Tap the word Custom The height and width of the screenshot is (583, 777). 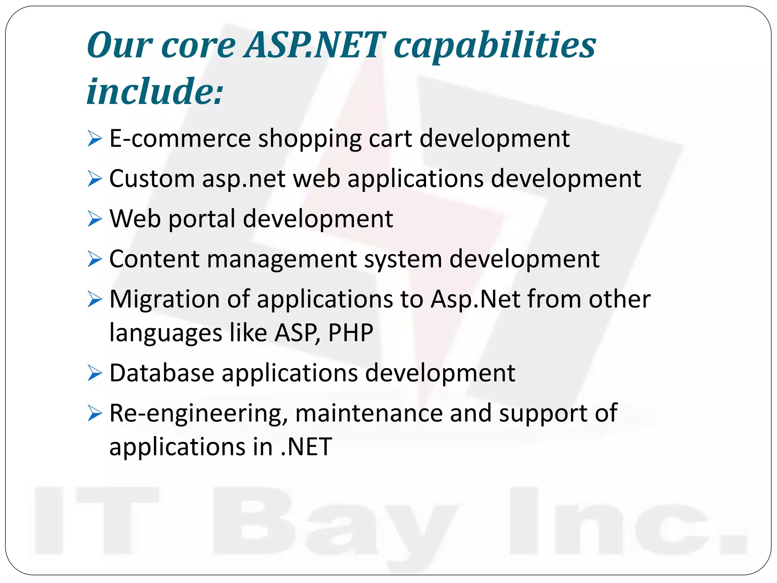pos(152,178)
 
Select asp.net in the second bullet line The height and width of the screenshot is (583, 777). pos(244,179)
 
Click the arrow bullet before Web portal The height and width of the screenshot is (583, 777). pos(94,219)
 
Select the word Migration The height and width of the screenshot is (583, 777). pos(164,300)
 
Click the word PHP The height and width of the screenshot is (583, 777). pos(351,332)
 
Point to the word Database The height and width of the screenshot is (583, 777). pos(162,373)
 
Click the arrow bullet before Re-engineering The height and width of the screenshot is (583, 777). pos(94,413)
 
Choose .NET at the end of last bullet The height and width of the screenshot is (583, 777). pos(307,447)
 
